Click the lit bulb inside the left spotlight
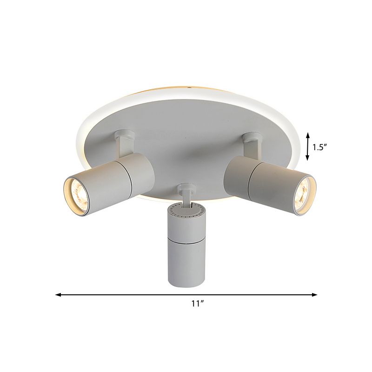78,192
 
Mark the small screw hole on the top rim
190,87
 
